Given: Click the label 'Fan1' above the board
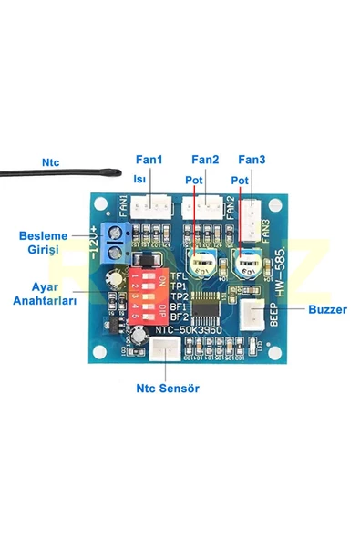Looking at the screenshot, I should (x=149, y=160).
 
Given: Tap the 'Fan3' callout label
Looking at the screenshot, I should (x=251, y=160).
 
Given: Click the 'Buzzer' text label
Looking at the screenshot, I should (x=327, y=309).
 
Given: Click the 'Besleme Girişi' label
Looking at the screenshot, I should (x=45, y=242).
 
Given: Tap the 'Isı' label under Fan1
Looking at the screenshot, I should (x=139, y=180).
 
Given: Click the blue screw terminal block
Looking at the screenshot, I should (x=115, y=242).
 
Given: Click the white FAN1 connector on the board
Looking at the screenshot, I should (x=149, y=208).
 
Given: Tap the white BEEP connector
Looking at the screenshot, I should (x=248, y=317).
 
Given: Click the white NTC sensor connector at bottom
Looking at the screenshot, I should (x=165, y=348).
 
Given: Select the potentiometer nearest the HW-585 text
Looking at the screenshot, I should (x=245, y=265).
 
